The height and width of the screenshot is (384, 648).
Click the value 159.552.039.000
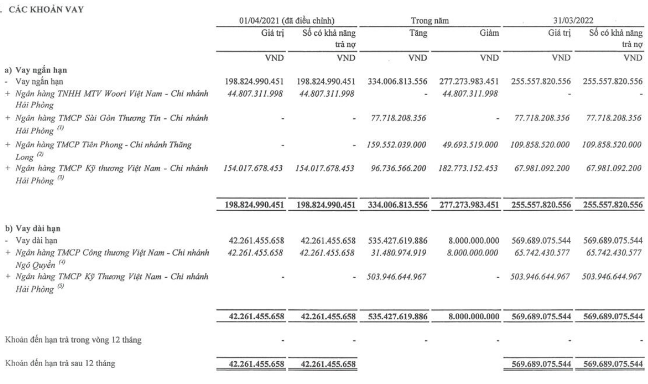pos(397,143)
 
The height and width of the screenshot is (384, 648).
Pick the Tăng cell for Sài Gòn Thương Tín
pos(397,118)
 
